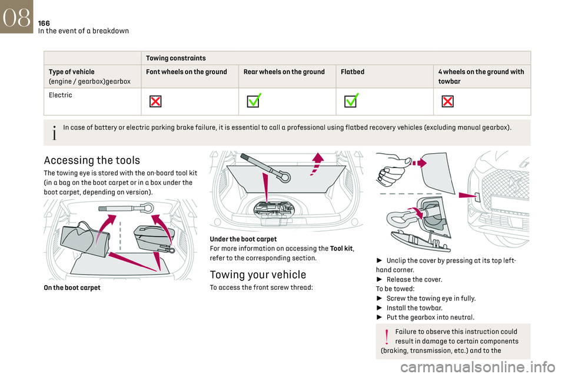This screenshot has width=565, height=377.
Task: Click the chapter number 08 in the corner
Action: [16, 17]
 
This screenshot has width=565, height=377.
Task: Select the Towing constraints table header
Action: [175, 58]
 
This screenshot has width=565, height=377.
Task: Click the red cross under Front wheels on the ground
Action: [155, 101]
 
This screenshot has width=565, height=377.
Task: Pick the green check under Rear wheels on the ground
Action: [254, 101]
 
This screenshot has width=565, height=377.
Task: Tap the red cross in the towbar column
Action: [447, 101]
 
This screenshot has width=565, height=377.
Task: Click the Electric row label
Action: [60, 95]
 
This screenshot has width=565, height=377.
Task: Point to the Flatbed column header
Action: [353, 72]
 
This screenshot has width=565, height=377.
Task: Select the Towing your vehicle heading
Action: [258, 275]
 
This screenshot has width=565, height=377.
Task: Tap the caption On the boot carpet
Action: [71, 287]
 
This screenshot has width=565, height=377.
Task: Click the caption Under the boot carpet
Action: [243, 239]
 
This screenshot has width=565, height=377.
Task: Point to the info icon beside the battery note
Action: [55, 132]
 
